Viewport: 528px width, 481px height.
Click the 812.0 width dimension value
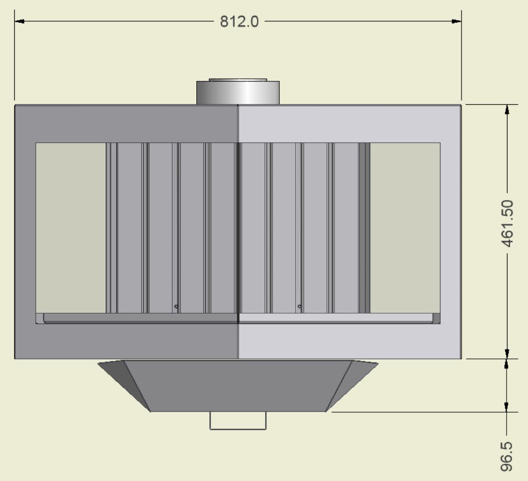pyautogui.click(x=239, y=21)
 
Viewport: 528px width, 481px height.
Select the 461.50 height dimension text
pyautogui.click(x=507, y=223)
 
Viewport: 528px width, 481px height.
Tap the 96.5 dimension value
pyautogui.click(x=507, y=456)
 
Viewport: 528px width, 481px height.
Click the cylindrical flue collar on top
pyautogui.click(x=238, y=92)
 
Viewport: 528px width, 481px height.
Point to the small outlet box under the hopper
pyautogui.click(x=238, y=421)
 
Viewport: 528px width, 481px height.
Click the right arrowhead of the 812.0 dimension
pyautogui.click(x=456, y=21)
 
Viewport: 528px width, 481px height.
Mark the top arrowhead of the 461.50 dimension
pyautogui.click(x=507, y=110)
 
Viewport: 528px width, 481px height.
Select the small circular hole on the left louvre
pyautogui.click(x=176, y=306)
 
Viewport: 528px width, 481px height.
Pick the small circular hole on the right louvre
pyautogui.click(x=300, y=306)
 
